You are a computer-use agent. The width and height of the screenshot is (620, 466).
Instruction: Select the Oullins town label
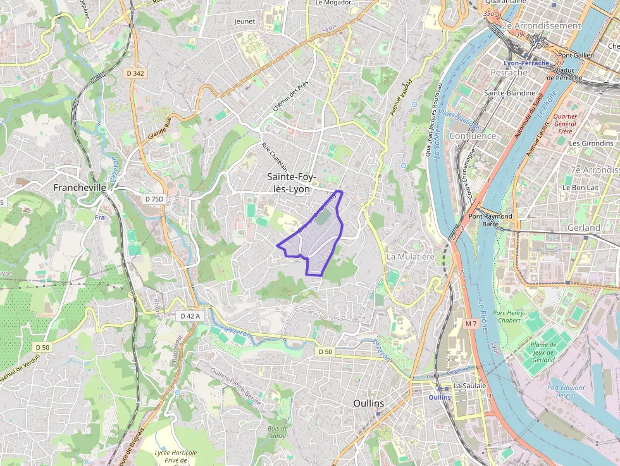click(x=369, y=403)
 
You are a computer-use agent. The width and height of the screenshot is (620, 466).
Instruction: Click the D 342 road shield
click(x=135, y=73)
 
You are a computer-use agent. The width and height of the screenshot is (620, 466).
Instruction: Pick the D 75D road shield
click(x=154, y=199)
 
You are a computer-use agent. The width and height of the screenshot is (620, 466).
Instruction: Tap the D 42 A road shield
click(x=190, y=316)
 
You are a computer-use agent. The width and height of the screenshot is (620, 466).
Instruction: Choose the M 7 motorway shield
click(x=470, y=324)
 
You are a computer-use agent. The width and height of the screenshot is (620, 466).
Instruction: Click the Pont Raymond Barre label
click(x=490, y=220)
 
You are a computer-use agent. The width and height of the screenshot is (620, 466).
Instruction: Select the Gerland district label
click(x=584, y=228)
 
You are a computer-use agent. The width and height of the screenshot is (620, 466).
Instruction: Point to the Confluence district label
click(x=472, y=136)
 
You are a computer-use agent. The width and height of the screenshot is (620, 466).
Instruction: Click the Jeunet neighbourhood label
click(x=244, y=21)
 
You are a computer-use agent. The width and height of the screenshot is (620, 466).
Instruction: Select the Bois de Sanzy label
click(x=278, y=432)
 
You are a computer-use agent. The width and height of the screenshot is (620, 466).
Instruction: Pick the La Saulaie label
click(x=469, y=386)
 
